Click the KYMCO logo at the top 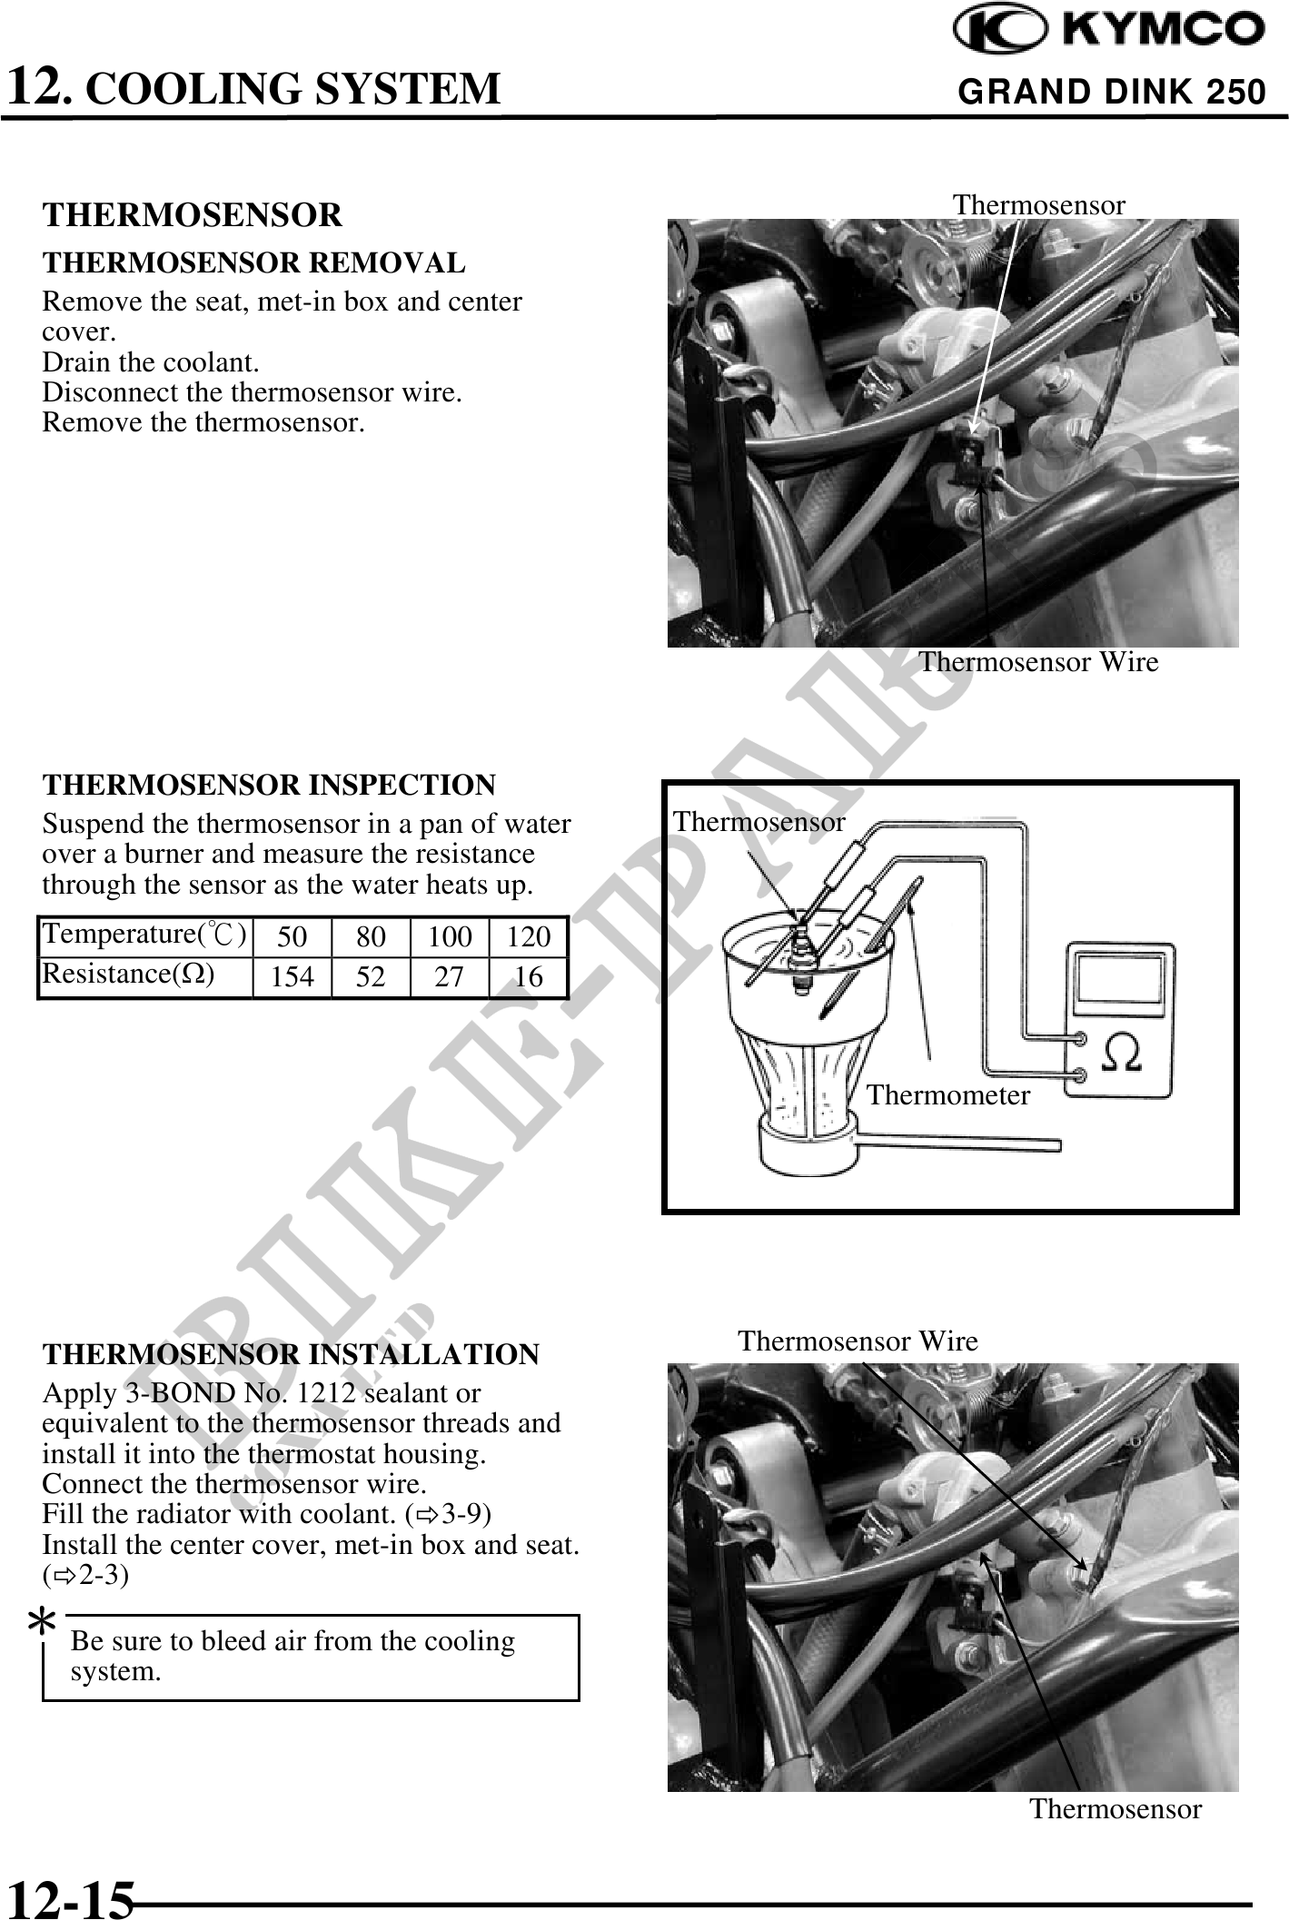(x=1108, y=31)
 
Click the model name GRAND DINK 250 (x=1111, y=92)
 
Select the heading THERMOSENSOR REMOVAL (x=253, y=263)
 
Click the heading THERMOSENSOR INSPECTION (x=269, y=785)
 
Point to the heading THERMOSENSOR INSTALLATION (x=291, y=1354)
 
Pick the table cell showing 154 (x=292, y=977)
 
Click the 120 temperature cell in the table (x=528, y=936)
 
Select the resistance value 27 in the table (x=449, y=977)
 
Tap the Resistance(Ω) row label (x=129, y=974)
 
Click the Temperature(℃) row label (x=144, y=934)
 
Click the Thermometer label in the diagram (x=947, y=1095)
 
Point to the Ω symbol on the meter (x=1123, y=1054)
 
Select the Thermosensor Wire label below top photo (x=1038, y=662)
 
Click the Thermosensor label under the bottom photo (x=1115, y=1809)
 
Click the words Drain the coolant (x=151, y=362)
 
